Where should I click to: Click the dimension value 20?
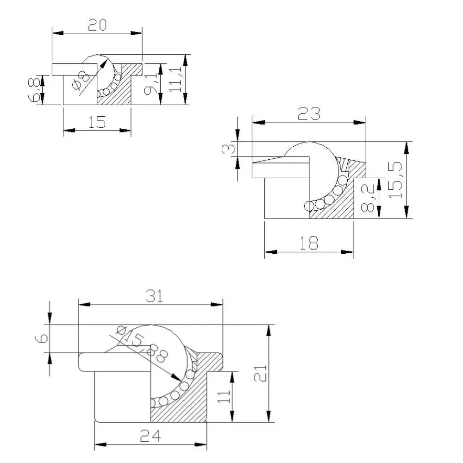(x=98, y=25)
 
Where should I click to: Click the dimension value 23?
(x=309, y=113)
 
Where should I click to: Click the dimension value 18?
(x=309, y=242)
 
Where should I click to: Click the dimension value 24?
(x=151, y=436)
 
